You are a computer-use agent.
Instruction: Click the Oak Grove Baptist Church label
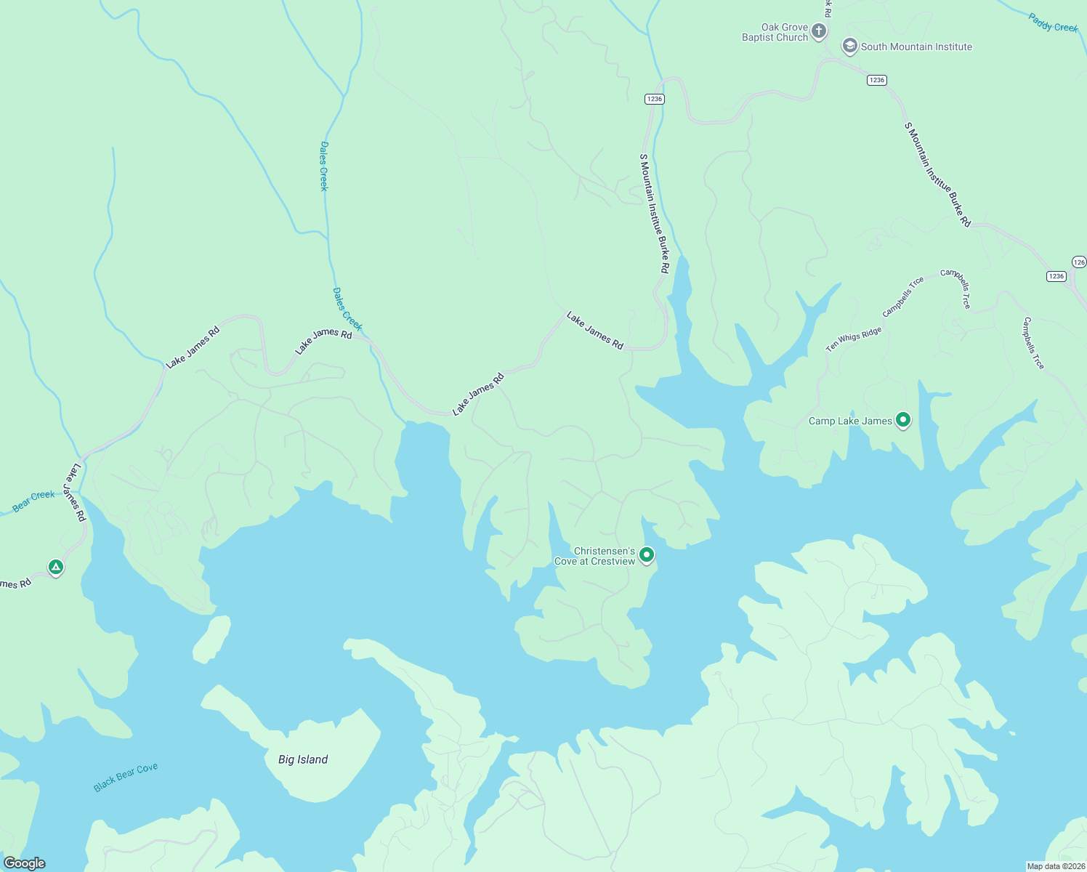tap(775, 33)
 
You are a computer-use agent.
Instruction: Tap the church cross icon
tap(819, 31)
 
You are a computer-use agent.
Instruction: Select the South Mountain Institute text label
tap(916, 47)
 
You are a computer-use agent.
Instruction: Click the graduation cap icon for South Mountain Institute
tap(849, 47)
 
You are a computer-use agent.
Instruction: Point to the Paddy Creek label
tap(1053, 23)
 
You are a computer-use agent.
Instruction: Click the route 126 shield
tap(1079, 262)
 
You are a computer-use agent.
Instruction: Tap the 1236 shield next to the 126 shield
tap(1056, 276)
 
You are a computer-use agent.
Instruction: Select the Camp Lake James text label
tap(850, 421)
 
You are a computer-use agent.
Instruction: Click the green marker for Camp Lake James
tap(903, 419)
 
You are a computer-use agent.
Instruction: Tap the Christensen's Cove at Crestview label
tap(594, 557)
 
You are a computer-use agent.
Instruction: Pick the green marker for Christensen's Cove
tap(646, 555)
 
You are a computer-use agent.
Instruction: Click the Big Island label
tap(303, 760)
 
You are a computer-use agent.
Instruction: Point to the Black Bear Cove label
tap(126, 777)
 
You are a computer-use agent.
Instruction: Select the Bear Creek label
tap(33, 501)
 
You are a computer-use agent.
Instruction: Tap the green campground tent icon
tap(56, 567)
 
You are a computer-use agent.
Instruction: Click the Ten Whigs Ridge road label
tap(853, 339)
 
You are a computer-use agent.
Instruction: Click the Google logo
tap(24, 863)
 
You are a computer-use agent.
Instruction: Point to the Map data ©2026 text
tap(1054, 866)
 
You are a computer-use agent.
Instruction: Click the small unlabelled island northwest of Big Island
tap(211, 639)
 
